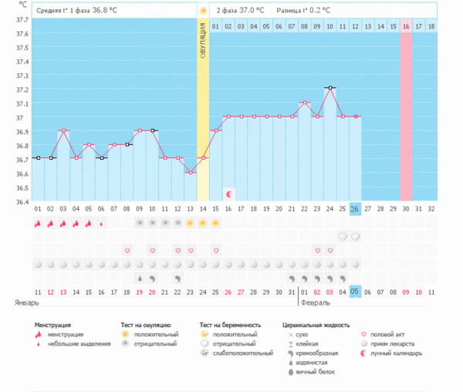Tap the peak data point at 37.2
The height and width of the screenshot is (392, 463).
click(330, 88)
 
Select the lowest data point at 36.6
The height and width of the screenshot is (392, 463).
click(190, 172)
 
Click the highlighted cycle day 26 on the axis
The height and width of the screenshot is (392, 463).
click(355, 209)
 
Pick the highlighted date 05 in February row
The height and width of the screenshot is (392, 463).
click(355, 291)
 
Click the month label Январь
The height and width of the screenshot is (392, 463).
click(26, 303)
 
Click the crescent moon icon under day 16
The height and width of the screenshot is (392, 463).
click(228, 191)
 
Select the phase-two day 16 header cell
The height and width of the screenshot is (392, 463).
click(405, 26)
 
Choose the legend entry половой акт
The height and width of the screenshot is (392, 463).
click(390, 334)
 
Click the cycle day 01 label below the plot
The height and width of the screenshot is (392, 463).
click(38, 209)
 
